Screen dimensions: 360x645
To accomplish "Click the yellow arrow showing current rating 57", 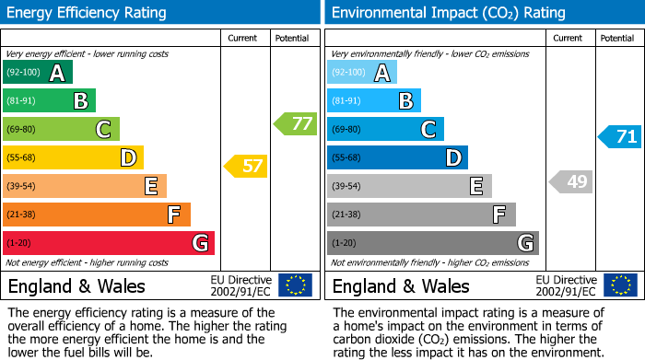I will click(245, 167).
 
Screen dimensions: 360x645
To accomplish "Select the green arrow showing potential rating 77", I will click(295, 123).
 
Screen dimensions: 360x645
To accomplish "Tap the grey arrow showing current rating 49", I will click(570, 181).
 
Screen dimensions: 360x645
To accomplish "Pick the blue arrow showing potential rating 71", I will click(619, 137).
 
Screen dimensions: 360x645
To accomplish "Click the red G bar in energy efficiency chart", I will click(108, 243).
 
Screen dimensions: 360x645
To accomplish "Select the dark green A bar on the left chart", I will click(37, 73).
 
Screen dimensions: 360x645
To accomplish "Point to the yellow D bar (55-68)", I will click(73, 158).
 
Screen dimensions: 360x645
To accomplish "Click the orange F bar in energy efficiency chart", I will click(96, 215).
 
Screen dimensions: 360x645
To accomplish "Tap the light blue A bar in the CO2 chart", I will click(362, 73).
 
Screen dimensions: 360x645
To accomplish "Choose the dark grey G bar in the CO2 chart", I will click(432, 243).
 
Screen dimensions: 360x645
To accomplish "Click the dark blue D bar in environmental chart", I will click(397, 158).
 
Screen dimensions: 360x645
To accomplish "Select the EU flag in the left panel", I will click(295, 285).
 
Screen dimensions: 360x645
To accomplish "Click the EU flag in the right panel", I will click(619, 285).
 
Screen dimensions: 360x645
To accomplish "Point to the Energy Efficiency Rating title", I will click(88, 13).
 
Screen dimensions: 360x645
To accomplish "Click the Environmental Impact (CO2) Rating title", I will click(448, 13).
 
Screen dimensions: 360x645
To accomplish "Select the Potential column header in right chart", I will click(617, 38).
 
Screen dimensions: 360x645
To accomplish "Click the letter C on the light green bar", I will click(103, 130).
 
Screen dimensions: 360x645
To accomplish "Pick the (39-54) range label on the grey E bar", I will click(347, 187).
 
